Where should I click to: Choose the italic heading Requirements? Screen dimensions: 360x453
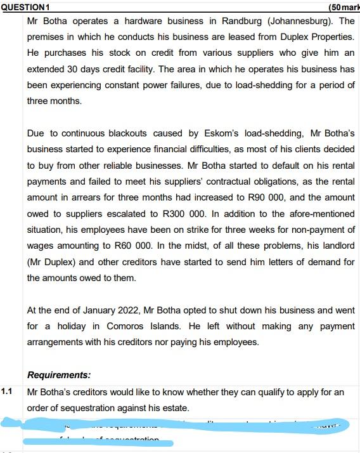[x=59, y=375]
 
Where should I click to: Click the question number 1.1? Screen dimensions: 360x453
[x=7, y=391]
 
